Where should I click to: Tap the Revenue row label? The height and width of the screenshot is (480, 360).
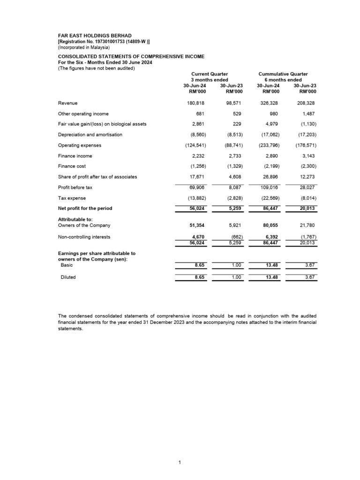[x=67, y=103]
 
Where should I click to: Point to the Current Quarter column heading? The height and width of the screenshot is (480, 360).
[x=210, y=74]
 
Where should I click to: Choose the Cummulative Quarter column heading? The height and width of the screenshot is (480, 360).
[x=283, y=74]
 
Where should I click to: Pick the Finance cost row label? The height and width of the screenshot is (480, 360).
[x=72, y=166]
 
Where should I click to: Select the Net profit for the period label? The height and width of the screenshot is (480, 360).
[x=85, y=208]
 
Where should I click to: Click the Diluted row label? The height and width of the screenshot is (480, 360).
[x=68, y=277]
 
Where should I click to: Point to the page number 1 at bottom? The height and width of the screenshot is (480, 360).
[x=180, y=463]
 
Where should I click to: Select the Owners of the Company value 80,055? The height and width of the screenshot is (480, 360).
[x=270, y=225]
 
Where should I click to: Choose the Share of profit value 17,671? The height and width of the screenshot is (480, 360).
[x=197, y=177]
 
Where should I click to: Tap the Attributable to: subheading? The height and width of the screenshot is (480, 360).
[x=75, y=219]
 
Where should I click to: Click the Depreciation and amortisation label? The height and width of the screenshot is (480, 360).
[x=90, y=135]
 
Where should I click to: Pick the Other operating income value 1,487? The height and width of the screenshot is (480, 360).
[x=309, y=114]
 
